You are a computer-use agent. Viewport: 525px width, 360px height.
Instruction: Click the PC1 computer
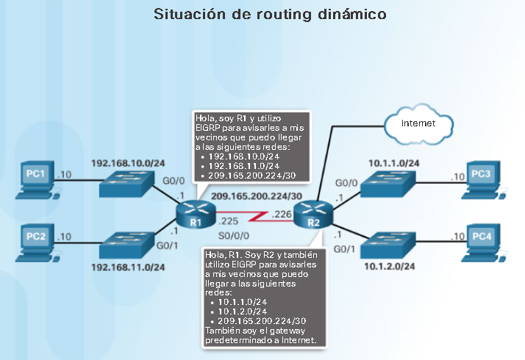(x=36, y=179)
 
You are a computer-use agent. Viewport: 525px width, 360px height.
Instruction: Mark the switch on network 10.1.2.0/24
(x=391, y=244)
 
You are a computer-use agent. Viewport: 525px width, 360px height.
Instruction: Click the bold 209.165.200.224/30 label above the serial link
(x=254, y=197)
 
